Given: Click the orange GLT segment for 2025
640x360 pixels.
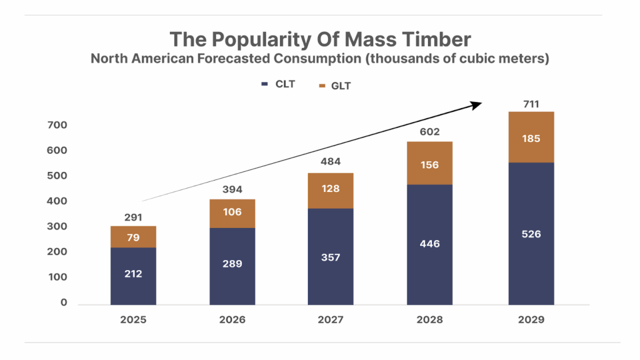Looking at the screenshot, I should click(133, 237).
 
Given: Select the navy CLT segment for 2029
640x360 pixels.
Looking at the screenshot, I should click(531, 234).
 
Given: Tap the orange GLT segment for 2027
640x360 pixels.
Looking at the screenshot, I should click(331, 190).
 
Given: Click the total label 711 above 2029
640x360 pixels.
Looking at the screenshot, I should click(531, 104).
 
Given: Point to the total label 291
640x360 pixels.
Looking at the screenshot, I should click(133, 217).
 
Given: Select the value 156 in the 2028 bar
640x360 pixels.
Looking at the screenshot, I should click(430, 165).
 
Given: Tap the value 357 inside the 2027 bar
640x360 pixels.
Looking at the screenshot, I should click(331, 257).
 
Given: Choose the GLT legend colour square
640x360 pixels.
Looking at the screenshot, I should click(322, 85).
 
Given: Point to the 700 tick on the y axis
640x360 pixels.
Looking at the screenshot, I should click(57, 125).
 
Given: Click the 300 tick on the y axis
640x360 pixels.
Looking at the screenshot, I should click(57, 226).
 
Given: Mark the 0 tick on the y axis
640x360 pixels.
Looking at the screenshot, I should click(64, 302).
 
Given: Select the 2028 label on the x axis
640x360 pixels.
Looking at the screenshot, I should click(430, 319).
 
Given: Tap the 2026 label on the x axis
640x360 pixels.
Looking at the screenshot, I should click(232, 319).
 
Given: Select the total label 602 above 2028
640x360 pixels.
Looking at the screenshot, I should click(430, 132).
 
